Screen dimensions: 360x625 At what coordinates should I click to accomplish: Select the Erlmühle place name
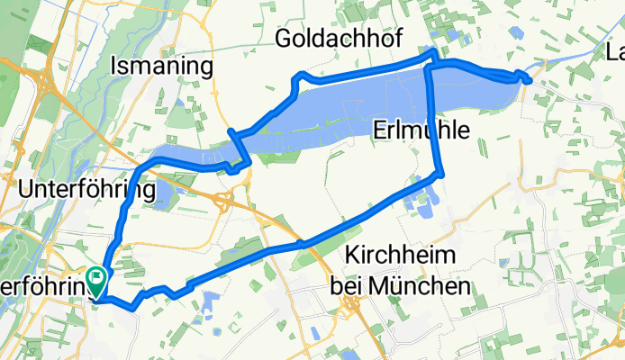[x=421, y=130]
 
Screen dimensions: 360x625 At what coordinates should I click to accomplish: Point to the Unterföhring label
[x=86, y=190]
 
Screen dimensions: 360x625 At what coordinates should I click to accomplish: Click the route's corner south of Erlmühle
[x=439, y=174]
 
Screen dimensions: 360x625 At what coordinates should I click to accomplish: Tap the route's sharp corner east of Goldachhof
[x=432, y=55]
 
